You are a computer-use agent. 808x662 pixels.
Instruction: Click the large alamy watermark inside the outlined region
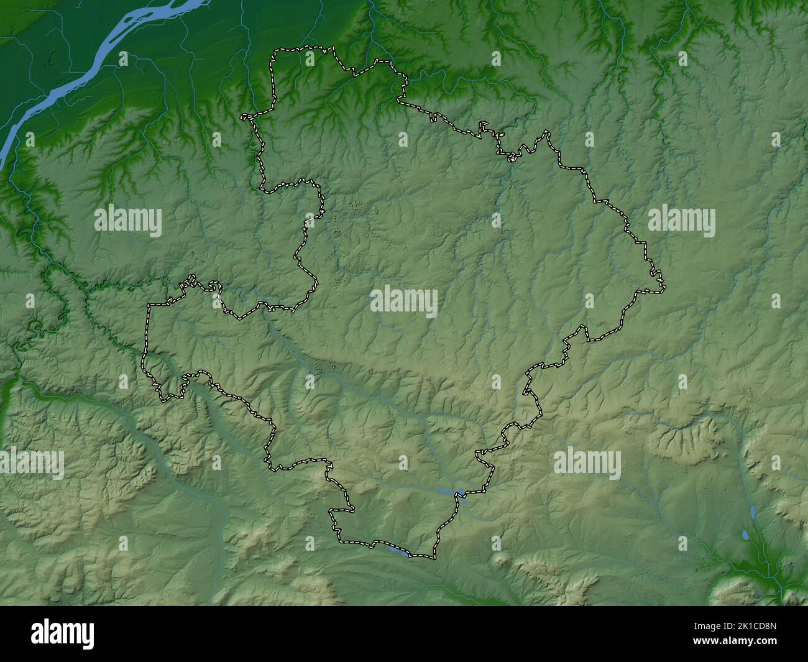click(x=404, y=301)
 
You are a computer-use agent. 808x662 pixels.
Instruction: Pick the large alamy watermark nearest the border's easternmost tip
click(x=681, y=222)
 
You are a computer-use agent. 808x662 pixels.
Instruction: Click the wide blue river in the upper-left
click(x=93, y=62)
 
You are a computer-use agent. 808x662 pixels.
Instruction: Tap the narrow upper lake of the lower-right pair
click(x=753, y=512)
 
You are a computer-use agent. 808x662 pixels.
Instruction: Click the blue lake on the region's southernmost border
click(x=398, y=550)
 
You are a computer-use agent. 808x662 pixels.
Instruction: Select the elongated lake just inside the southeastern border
click(x=449, y=491)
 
